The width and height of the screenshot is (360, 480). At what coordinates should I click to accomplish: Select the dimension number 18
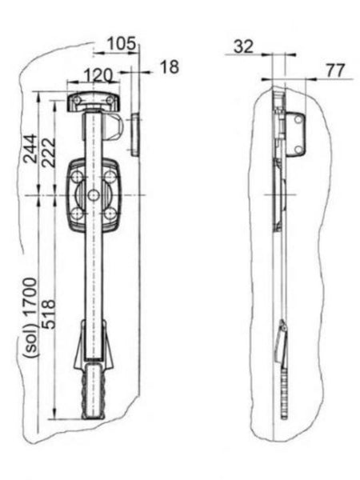click(x=169, y=67)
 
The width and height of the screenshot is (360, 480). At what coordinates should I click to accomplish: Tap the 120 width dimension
click(x=98, y=76)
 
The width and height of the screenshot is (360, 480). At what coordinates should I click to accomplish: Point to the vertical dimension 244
click(x=29, y=148)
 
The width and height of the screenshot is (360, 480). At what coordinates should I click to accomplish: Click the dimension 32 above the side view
click(x=244, y=47)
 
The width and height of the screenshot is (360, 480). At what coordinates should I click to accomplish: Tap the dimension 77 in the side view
click(x=334, y=70)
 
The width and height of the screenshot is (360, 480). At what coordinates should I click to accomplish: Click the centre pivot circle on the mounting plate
click(x=94, y=195)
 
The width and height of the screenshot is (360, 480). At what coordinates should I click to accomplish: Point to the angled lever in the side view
click(x=282, y=344)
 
